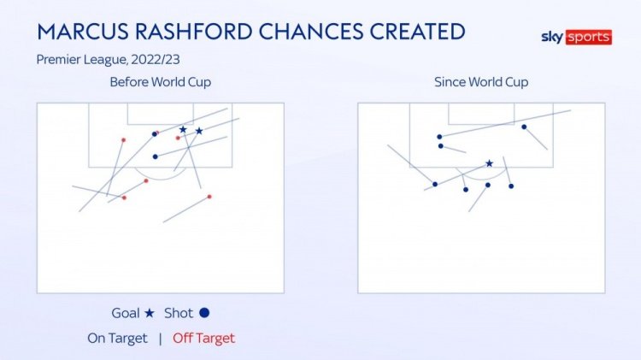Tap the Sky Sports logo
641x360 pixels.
(x=576, y=38)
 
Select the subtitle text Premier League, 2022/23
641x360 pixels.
(x=108, y=60)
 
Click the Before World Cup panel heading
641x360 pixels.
(x=161, y=82)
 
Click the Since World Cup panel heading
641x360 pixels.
(x=481, y=82)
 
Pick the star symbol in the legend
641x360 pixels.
(x=150, y=313)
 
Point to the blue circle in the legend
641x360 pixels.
(x=204, y=313)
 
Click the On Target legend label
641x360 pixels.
(x=117, y=339)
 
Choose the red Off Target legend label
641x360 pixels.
(x=203, y=339)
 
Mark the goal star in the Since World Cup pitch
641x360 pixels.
(x=490, y=163)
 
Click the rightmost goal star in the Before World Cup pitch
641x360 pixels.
(x=199, y=131)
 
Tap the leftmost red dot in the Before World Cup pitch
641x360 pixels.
(x=123, y=140)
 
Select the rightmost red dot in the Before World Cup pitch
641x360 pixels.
(x=209, y=197)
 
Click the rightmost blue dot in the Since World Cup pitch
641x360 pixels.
(x=524, y=127)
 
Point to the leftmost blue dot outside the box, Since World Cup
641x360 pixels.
(x=435, y=185)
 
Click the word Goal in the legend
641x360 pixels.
(x=126, y=313)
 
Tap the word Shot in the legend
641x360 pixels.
(x=179, y=313)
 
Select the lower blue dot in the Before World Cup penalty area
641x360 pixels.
(x=156, y=156)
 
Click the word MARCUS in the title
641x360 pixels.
(x=84, y=32)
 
